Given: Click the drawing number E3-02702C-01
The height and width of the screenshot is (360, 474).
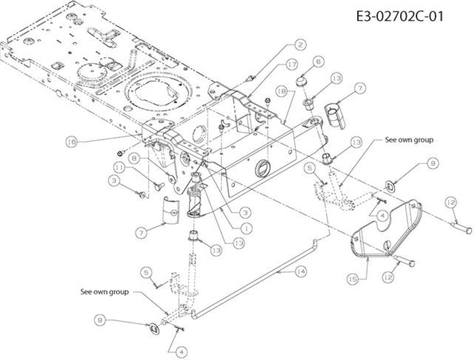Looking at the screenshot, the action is tap(400, 16).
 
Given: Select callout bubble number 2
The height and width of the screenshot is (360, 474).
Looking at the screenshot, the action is tap(300, 45).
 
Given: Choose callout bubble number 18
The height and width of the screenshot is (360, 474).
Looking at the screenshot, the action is tap(282, 91).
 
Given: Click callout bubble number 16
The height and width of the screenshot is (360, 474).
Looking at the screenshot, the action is tap(71, 142).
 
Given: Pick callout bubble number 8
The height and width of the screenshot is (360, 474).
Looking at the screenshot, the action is tap(134, 159).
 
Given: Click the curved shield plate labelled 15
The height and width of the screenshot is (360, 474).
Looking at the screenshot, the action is tap(385, 229).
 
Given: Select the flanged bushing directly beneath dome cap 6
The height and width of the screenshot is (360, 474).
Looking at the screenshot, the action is tap(308, 104).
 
